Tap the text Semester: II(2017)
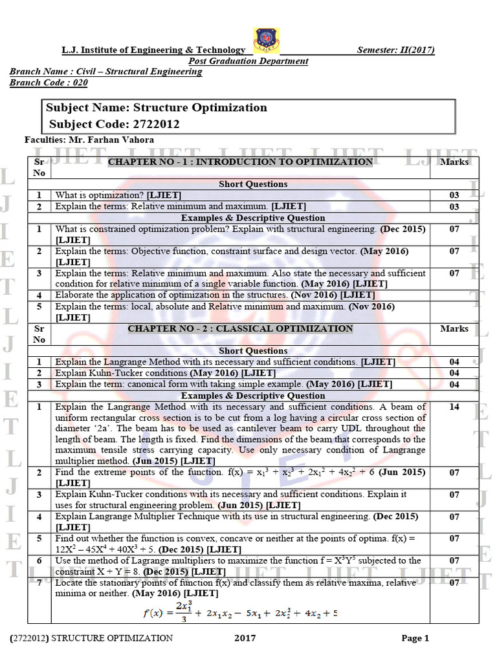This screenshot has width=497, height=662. [395, 50]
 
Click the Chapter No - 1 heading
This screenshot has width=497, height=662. [240, 162]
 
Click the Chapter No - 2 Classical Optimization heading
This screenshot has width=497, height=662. [240, 328]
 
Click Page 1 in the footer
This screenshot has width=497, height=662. [415, 638]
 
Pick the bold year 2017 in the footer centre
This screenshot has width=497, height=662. [245, 638]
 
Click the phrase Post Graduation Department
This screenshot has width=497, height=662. [248, 61]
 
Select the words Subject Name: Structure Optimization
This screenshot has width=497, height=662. [156, 108]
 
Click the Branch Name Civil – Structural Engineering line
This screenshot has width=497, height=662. [105, 72]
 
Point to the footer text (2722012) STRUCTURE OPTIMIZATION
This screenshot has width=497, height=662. [91, 638]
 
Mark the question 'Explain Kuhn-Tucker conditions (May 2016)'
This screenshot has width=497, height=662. [165, 373]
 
